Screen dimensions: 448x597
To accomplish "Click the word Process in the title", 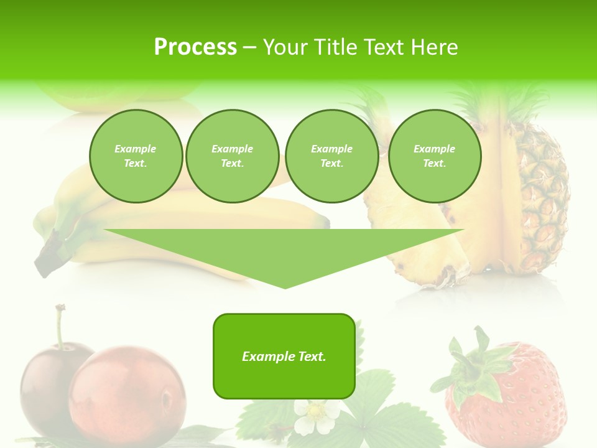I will [x=195, y=47].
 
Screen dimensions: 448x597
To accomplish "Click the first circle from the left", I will [x=136, y=156].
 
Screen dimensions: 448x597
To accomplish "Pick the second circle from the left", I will [x=232, y=156].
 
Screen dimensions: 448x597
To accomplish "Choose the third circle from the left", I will [x=331, y=156].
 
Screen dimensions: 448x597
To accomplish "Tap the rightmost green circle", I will [x=434, y=156].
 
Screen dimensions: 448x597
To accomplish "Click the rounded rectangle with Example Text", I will [x=284, y=356].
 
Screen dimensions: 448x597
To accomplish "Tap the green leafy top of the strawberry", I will [x=476, y=367].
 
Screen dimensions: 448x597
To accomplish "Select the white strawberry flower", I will [x=317, y=416].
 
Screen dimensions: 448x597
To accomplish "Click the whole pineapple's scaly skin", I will [x=535, y=199].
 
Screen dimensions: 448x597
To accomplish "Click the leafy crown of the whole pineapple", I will [x=497, y=103].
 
